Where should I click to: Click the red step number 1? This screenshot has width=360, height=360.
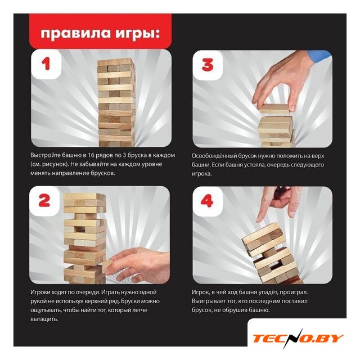46,64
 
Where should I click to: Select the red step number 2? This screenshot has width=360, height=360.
44,201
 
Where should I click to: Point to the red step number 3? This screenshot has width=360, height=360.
208,65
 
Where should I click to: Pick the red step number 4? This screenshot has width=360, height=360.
207,201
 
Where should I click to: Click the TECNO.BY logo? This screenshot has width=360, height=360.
298,338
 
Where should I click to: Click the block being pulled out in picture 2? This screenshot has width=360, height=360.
107,267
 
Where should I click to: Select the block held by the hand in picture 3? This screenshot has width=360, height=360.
276,109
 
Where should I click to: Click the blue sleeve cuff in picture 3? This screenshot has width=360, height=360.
319,57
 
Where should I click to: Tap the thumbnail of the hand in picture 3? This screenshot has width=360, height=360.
292,108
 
